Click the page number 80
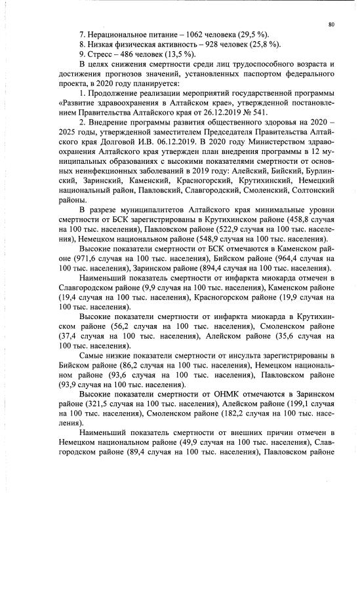pos(332,24)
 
